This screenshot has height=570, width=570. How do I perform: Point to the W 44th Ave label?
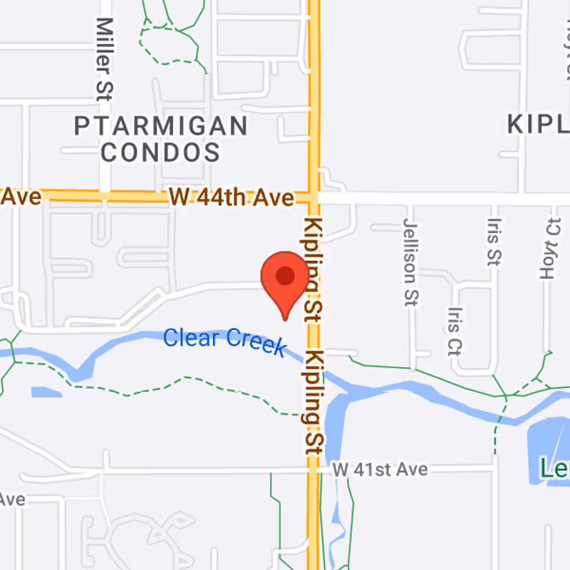[232, 197]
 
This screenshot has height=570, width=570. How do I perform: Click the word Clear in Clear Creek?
[192, 337]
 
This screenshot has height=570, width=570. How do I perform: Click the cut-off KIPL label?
[539, 124]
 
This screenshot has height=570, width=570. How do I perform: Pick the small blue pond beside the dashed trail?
[46, 392]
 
